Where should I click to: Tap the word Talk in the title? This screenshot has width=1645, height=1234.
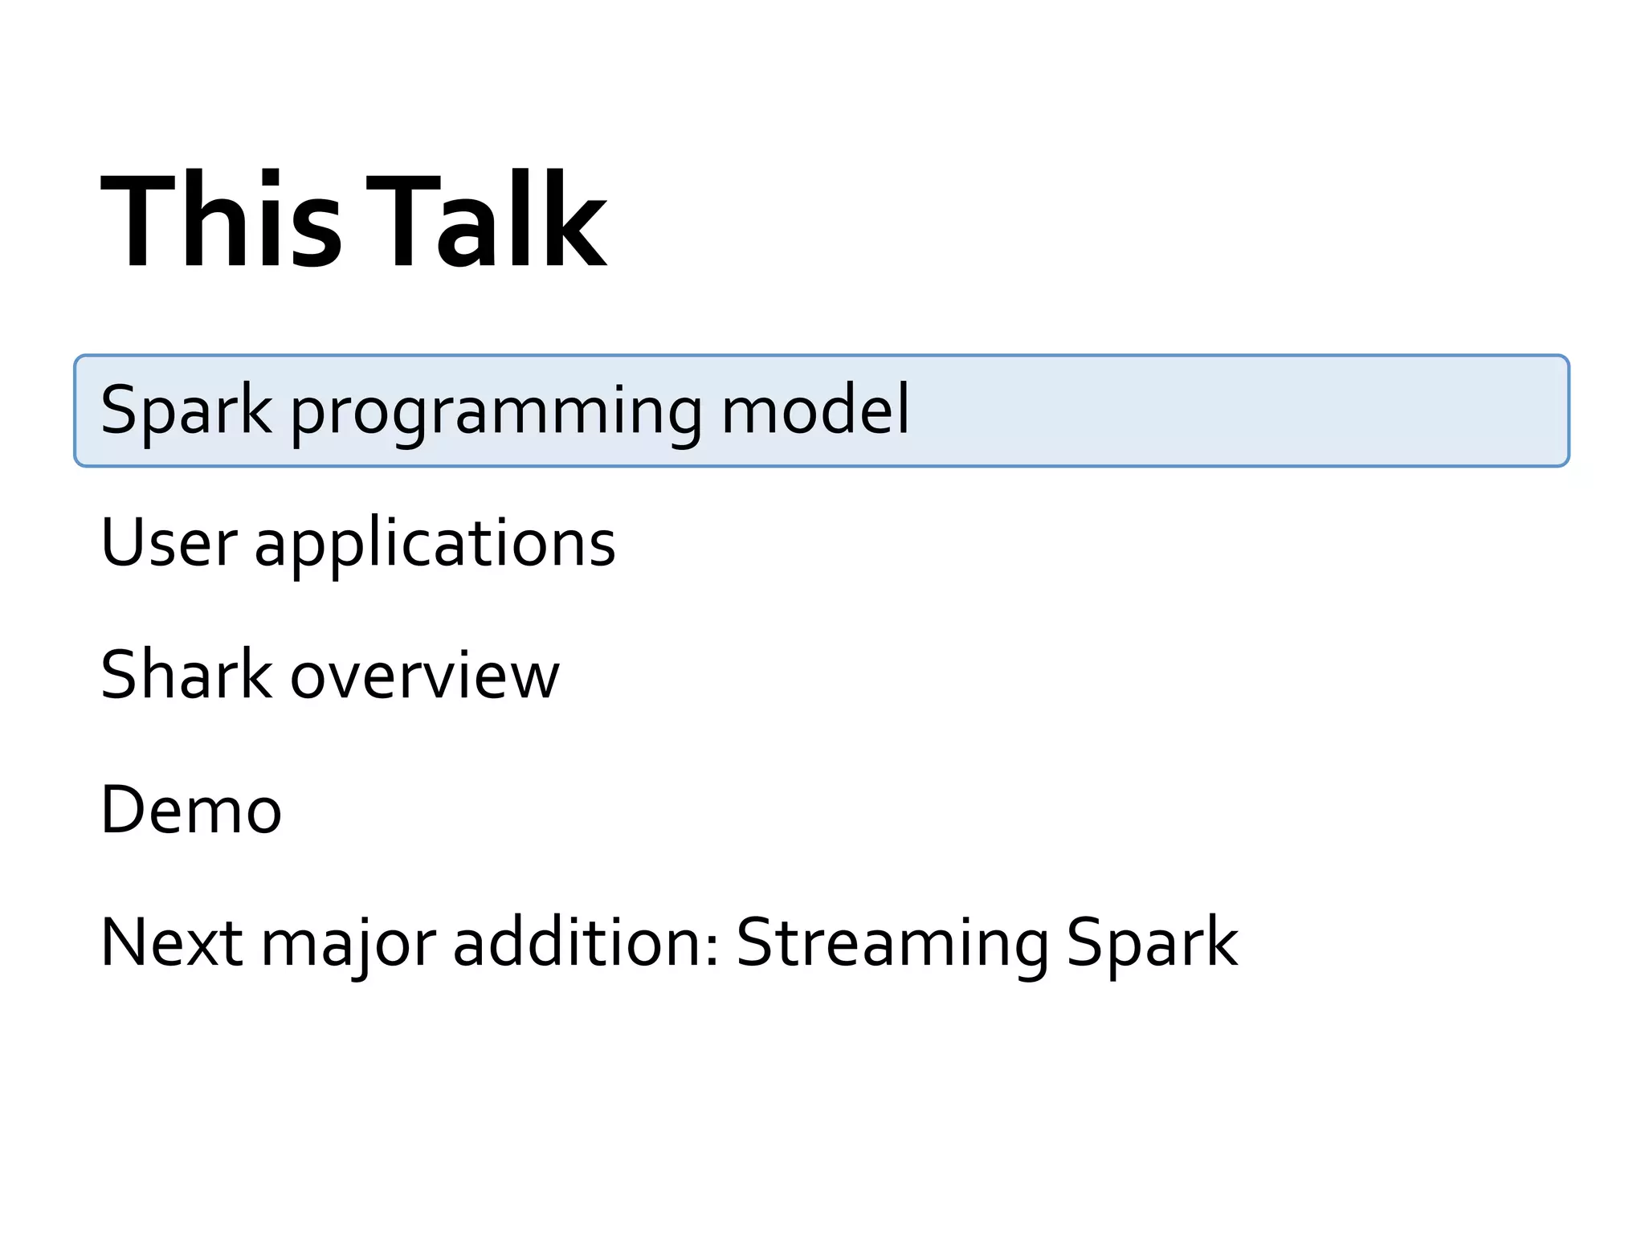coord(486,220)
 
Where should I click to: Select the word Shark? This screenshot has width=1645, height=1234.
coord(186,675)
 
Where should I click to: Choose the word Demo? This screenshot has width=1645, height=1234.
coord(191,809)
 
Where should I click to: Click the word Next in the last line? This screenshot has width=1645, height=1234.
coord(171,942)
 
